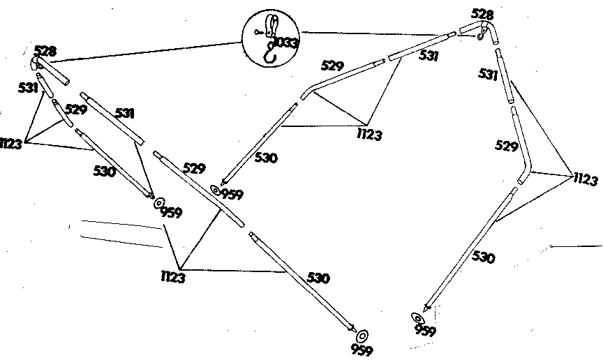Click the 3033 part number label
285,43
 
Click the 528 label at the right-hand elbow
482,15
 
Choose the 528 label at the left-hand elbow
45,51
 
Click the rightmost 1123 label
586,179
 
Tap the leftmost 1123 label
10,144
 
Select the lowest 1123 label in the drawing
173,277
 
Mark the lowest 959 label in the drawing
362,350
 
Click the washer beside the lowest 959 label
362,336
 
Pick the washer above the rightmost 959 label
417,318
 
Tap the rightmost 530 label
483,257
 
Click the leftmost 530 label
104,171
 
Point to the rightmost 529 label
506,146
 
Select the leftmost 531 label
28,88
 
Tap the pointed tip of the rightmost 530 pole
425,310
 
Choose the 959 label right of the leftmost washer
171,212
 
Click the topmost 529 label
332,66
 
